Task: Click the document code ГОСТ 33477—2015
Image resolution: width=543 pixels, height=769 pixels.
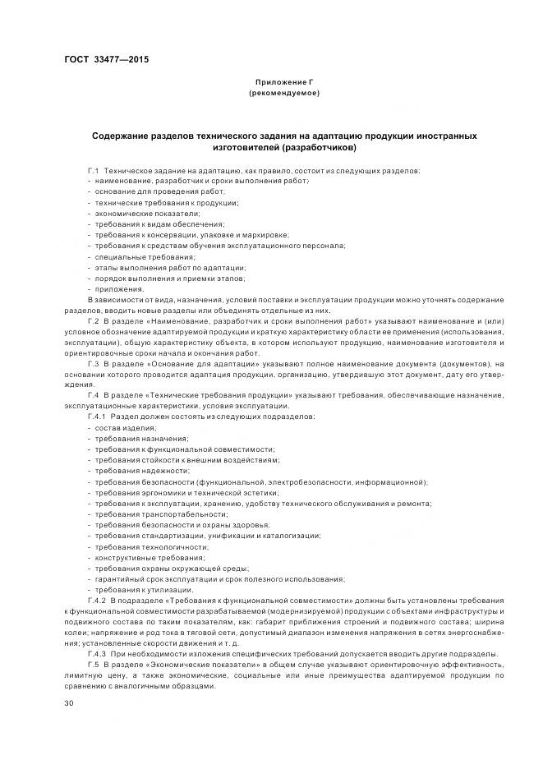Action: click(106, 59)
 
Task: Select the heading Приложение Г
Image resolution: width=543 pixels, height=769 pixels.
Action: click(283, 83)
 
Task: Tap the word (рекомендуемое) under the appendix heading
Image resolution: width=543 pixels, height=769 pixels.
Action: click(283, 94)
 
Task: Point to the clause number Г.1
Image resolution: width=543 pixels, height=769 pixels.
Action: click(94, 170)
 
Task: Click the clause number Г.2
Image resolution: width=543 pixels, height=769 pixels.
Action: click(94, 320)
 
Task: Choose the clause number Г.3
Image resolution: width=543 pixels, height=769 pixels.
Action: click(94, 362)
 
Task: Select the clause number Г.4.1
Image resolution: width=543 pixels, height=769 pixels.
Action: click(97, 417)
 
